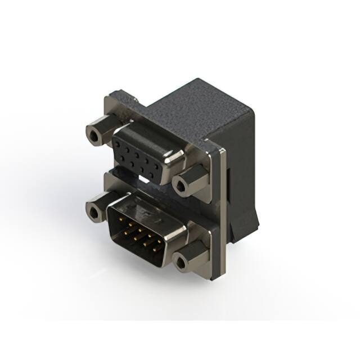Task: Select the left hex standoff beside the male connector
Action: (98, 207)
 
